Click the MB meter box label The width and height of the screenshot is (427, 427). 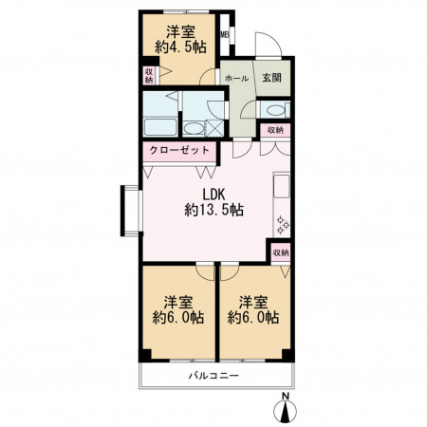coord(224,34)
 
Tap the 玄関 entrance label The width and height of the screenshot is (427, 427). coord(271,78)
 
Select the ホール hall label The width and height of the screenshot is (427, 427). coord(236,79)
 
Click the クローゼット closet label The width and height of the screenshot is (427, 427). coord(179,150)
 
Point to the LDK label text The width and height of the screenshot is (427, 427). coord(213,195)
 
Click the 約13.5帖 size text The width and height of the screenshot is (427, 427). coord(213,210)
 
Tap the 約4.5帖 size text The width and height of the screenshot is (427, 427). coord(180,47)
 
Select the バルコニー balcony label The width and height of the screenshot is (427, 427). coord(213,376)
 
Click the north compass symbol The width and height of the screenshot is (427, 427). coord(286,409)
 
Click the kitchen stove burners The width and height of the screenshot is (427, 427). coord(283,225)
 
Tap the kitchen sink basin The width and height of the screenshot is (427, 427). coord(281,186)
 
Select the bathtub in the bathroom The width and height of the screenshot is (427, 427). coord(160,127)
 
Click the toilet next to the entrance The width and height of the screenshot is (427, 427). coord(276,110)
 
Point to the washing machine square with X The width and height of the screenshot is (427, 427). coord(214,128)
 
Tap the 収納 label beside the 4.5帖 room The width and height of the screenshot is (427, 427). coord(149,76)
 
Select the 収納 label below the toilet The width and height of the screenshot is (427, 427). coord(275,130)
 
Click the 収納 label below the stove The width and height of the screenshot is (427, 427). coord(281,253)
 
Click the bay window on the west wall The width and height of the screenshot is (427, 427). coord(131,211)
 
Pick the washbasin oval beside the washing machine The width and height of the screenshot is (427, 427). coord(193,128)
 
